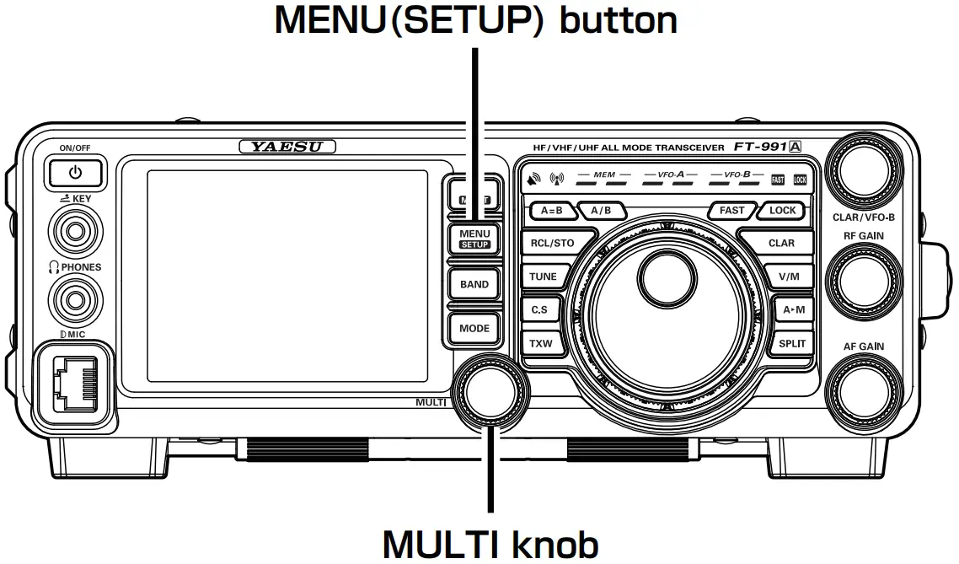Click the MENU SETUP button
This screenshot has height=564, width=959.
[474, 239]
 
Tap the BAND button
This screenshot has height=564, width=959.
[474, 284]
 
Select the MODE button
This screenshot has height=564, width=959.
[474, 328]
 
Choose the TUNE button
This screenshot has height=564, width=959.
[543, 277]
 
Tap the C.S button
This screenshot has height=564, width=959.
[539, 309]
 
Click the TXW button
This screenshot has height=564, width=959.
[539, 343]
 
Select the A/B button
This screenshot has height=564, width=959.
[601, 211]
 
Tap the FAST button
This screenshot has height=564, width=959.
[731, 211]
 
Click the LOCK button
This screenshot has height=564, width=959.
[782, 211]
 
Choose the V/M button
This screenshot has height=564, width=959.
[789, 277]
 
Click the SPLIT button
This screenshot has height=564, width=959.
[792, 343]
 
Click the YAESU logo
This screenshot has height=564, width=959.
[288, 147]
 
